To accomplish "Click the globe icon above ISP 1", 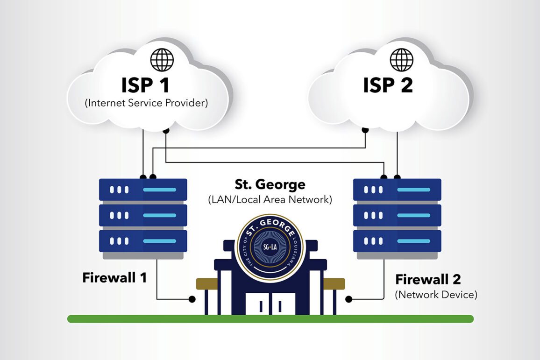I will coord(162,60).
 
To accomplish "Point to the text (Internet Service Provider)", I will coord(146,103).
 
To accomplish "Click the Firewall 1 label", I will coord(114,277).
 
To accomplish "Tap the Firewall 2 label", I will coord(428,279).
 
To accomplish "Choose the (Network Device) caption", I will coord(436,295).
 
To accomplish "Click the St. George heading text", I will coord(270,184).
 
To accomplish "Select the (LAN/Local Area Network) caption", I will coord(270,200).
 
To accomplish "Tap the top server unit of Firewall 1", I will coord(143,190).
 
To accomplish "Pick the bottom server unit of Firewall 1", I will coord(143,241).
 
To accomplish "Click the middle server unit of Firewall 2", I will coord(397,215).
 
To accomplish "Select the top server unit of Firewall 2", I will coord(397,190).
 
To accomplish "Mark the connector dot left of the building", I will coord(192,299).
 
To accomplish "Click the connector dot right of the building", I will coord(348,299).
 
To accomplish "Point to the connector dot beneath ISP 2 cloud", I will coord(365,130).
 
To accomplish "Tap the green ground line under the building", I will coord(270,319).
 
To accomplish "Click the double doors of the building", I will coord(270,304).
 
